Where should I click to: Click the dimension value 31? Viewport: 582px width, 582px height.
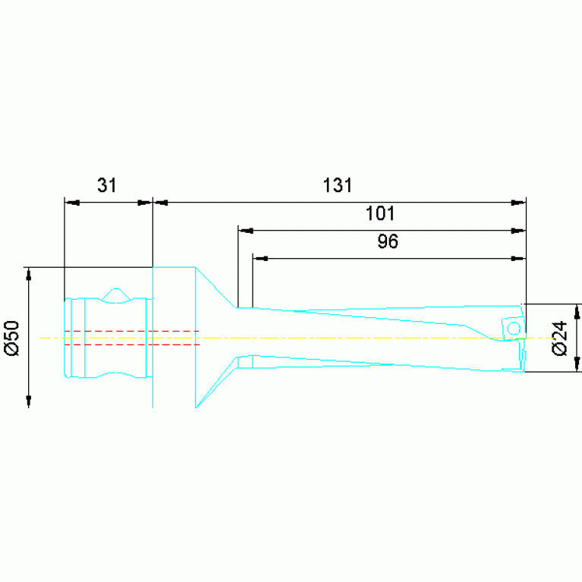107,185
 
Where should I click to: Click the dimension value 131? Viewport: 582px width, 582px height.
338,185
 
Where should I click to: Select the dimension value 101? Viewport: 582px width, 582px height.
380,213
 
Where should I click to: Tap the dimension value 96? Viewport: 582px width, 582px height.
388,241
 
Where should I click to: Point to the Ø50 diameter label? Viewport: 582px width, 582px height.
12,338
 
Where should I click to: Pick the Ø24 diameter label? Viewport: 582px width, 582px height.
560,338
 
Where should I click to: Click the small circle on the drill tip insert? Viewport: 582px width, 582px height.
514,329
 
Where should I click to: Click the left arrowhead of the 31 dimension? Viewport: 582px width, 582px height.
72,203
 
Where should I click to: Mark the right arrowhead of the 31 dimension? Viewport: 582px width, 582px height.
145,203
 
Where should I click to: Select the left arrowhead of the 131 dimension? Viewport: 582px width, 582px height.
161,203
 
